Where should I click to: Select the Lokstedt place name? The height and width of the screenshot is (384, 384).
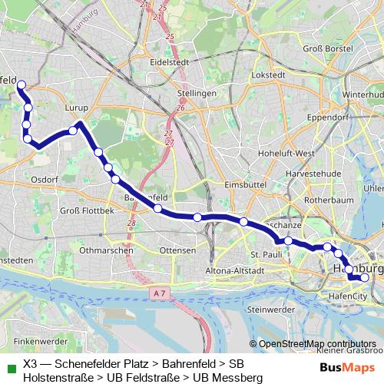pos(268,75)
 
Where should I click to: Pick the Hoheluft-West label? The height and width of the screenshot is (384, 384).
pos(287,153)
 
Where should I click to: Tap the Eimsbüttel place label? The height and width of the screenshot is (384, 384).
pos(245,185)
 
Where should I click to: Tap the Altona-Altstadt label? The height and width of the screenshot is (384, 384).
pos(235,270)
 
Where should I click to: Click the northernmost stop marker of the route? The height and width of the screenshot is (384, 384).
pos(22,85)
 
